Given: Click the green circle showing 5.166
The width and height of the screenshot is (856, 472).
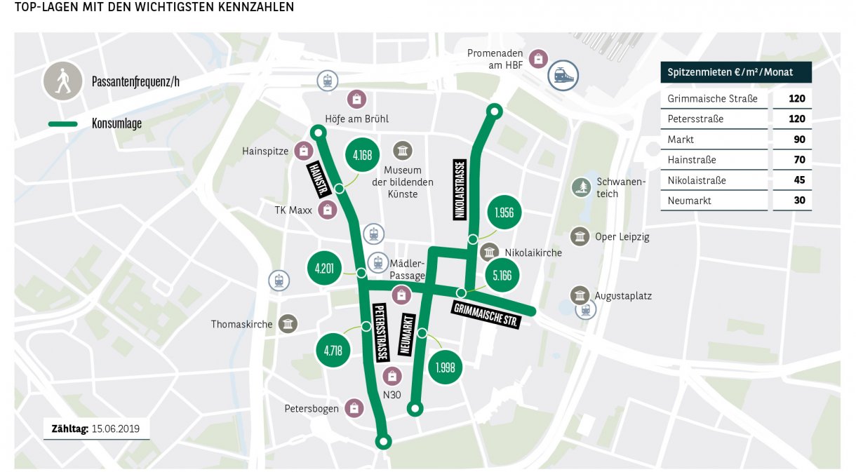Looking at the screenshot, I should [x=502, y=276].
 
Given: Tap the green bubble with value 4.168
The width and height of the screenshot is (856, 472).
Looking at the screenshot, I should [x=363, y=156].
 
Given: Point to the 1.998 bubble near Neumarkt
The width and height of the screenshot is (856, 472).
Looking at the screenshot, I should [x=446, y=367].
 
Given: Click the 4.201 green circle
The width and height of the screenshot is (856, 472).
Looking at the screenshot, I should [x=325, y=267].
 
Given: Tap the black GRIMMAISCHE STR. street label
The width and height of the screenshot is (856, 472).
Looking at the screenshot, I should [x=486, y=315].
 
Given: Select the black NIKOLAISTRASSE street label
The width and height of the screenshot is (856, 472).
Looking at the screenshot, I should [x=460, y=189].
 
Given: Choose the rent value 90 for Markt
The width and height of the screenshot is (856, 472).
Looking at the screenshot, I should [x=798, y=140].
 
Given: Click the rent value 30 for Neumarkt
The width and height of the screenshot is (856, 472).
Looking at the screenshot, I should [x=798, y=201].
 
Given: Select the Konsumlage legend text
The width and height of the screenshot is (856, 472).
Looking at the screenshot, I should [x=116, y=123].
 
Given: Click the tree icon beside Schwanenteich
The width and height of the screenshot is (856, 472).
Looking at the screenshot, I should [x=582, y=187].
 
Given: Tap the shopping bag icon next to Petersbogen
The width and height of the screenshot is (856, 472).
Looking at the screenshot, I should [x=355, y=408].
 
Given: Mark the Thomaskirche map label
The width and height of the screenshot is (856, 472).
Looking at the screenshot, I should [x=242, y=324].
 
